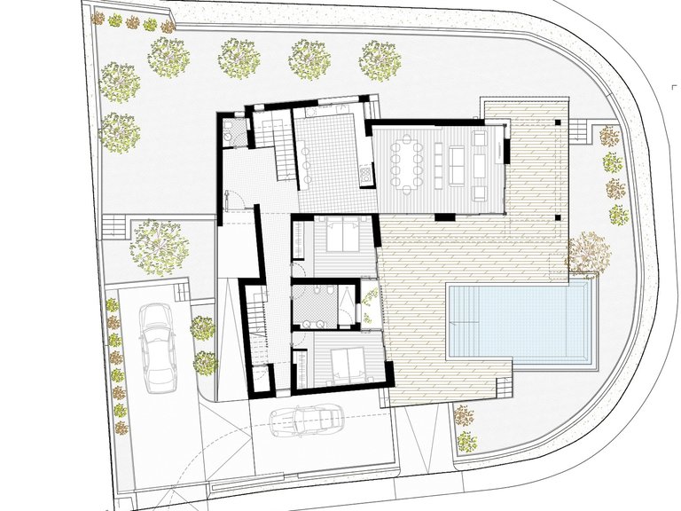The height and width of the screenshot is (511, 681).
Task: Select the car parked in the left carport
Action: click(157, 348)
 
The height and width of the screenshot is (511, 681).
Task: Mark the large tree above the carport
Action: click(159, 240)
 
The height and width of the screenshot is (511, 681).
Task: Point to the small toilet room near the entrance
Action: click(235, 136)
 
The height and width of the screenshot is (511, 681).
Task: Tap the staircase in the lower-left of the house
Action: click(256, 330)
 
